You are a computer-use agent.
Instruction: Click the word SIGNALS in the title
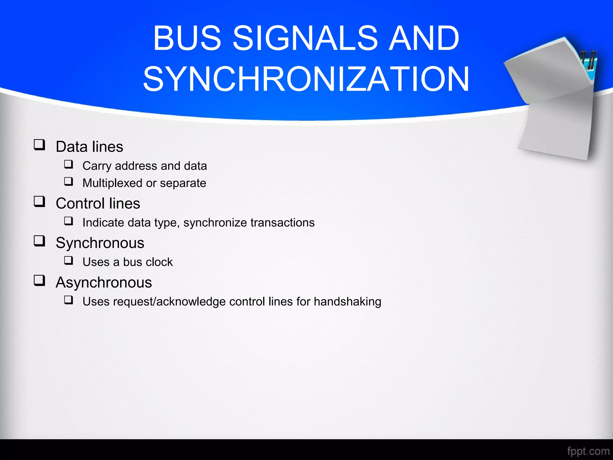tap(305, 38)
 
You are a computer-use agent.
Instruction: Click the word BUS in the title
tap(187, 38)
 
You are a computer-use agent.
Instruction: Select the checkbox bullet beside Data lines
tap(39, 145)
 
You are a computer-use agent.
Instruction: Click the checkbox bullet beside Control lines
tap(39, 202)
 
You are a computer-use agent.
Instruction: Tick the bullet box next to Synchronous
tap(39, 241)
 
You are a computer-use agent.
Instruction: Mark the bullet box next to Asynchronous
tap(39, 281)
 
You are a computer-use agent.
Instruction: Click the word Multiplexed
tap(112, 183)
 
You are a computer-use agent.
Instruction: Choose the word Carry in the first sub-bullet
tap(97, 166)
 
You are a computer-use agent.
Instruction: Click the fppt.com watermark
tap(588, 451)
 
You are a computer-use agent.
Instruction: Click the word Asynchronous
tap(104, 282)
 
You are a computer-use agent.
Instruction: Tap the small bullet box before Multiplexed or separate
tap(69, 181)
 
